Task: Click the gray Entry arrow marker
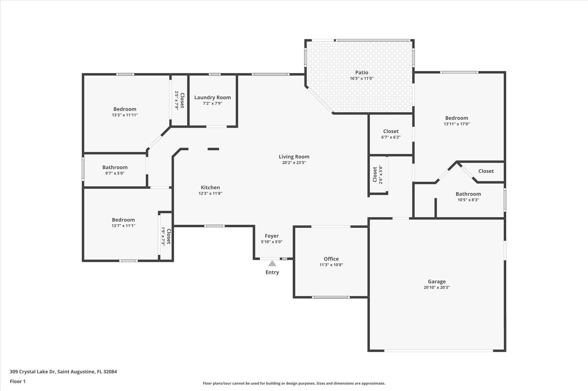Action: (x=272, y=264)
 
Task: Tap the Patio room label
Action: (x=362, y=72)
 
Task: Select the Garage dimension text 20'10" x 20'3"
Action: (x=437, y=287)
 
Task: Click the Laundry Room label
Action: (x=213, y=98)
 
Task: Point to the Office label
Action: (x=331, y=259)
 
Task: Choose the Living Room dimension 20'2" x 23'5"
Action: (x=294, y=163)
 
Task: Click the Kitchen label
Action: (x=210, y=188)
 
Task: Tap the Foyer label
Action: (x=272, y=236)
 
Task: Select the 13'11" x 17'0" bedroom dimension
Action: (x=457, y=124)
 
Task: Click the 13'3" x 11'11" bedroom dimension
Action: (x=125, y=115)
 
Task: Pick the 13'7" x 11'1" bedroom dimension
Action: (x=123, y=226)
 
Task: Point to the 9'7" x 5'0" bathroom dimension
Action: (x=115, y=173)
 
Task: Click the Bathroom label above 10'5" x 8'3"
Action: (x=468, y=194)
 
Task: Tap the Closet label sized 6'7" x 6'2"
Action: (x=391, y=131)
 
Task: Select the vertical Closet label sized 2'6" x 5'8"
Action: (x=375, y=175)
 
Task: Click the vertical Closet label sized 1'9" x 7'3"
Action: (x=168, y=236)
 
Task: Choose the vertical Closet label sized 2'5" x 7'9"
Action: (x=182, y=101)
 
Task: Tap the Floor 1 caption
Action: (x=18, y=382)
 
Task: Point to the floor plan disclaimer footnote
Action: (x=294, y=383)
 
